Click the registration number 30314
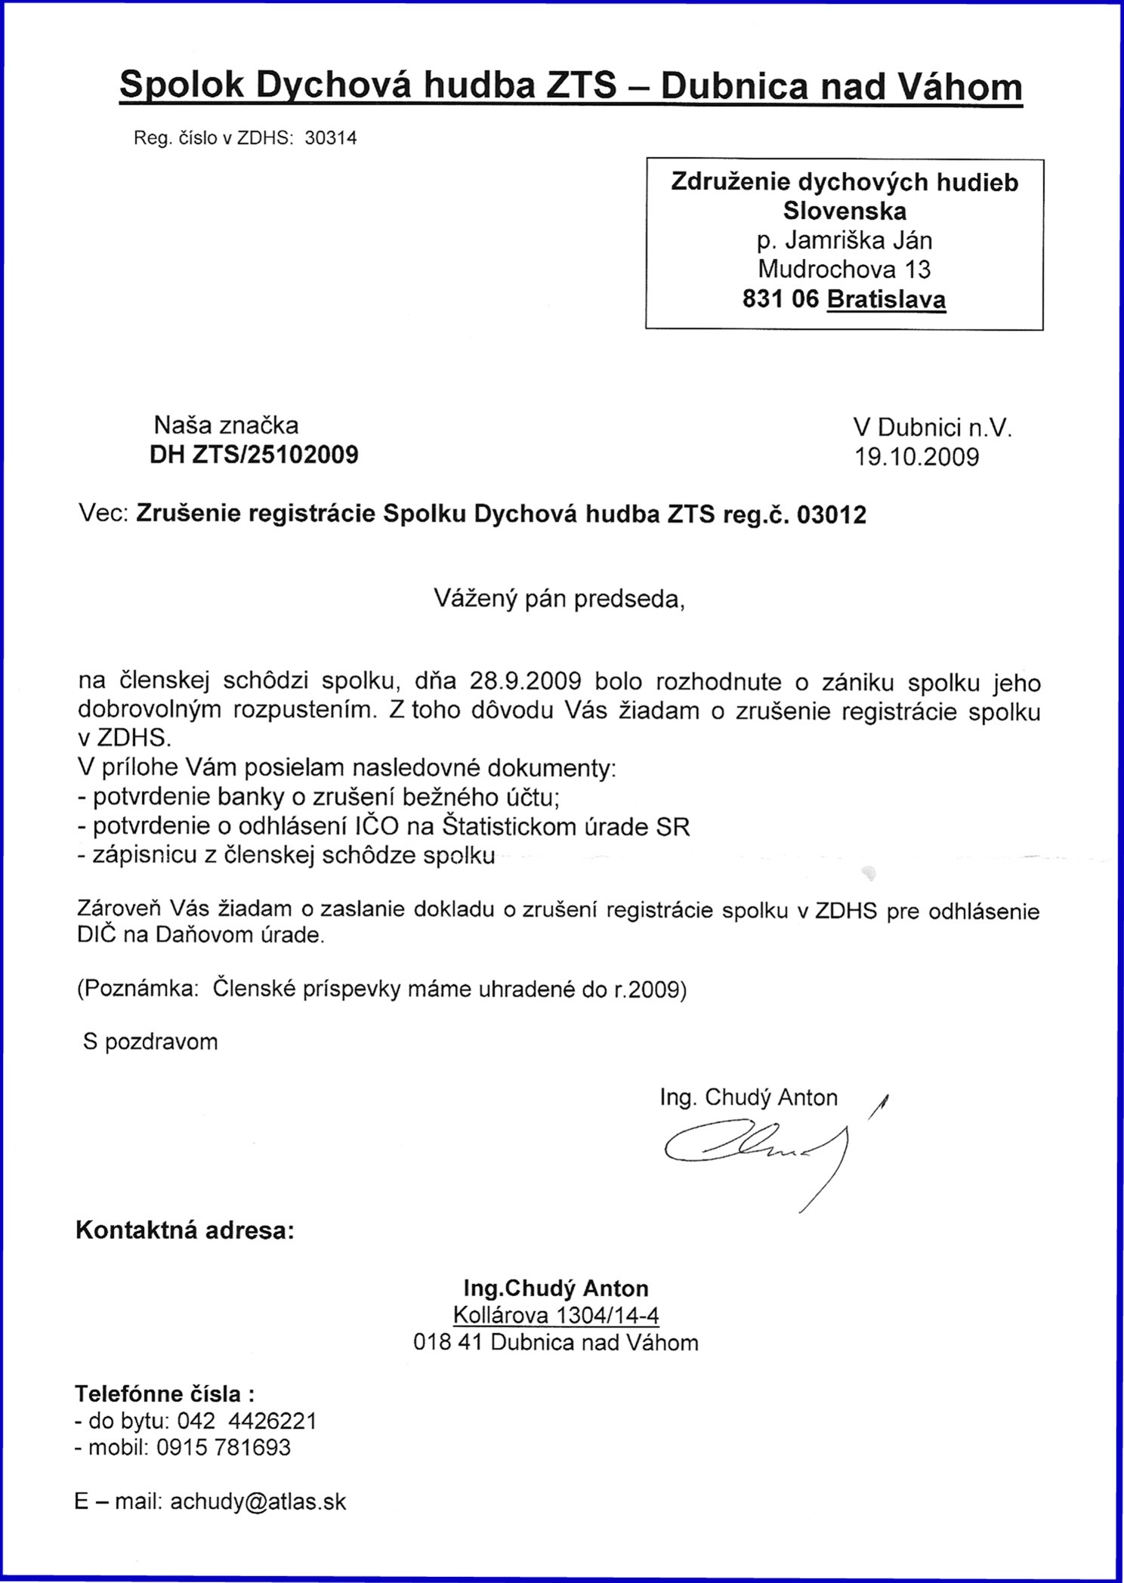pos(330,138)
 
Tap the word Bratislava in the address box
pos(886,300)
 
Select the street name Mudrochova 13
pos(844,269)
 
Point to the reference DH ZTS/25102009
pos(255,455)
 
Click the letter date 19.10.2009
pos(916,457)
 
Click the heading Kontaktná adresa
pos(184,1230)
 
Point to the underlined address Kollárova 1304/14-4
pos(556,1316)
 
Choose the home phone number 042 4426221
pos(246,1421)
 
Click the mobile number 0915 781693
pos(223,1447)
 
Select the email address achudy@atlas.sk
pos(258,1501)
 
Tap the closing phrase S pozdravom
pos(150,1042)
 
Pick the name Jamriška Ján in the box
pos(859,240)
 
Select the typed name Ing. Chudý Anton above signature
pos(749,1097)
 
